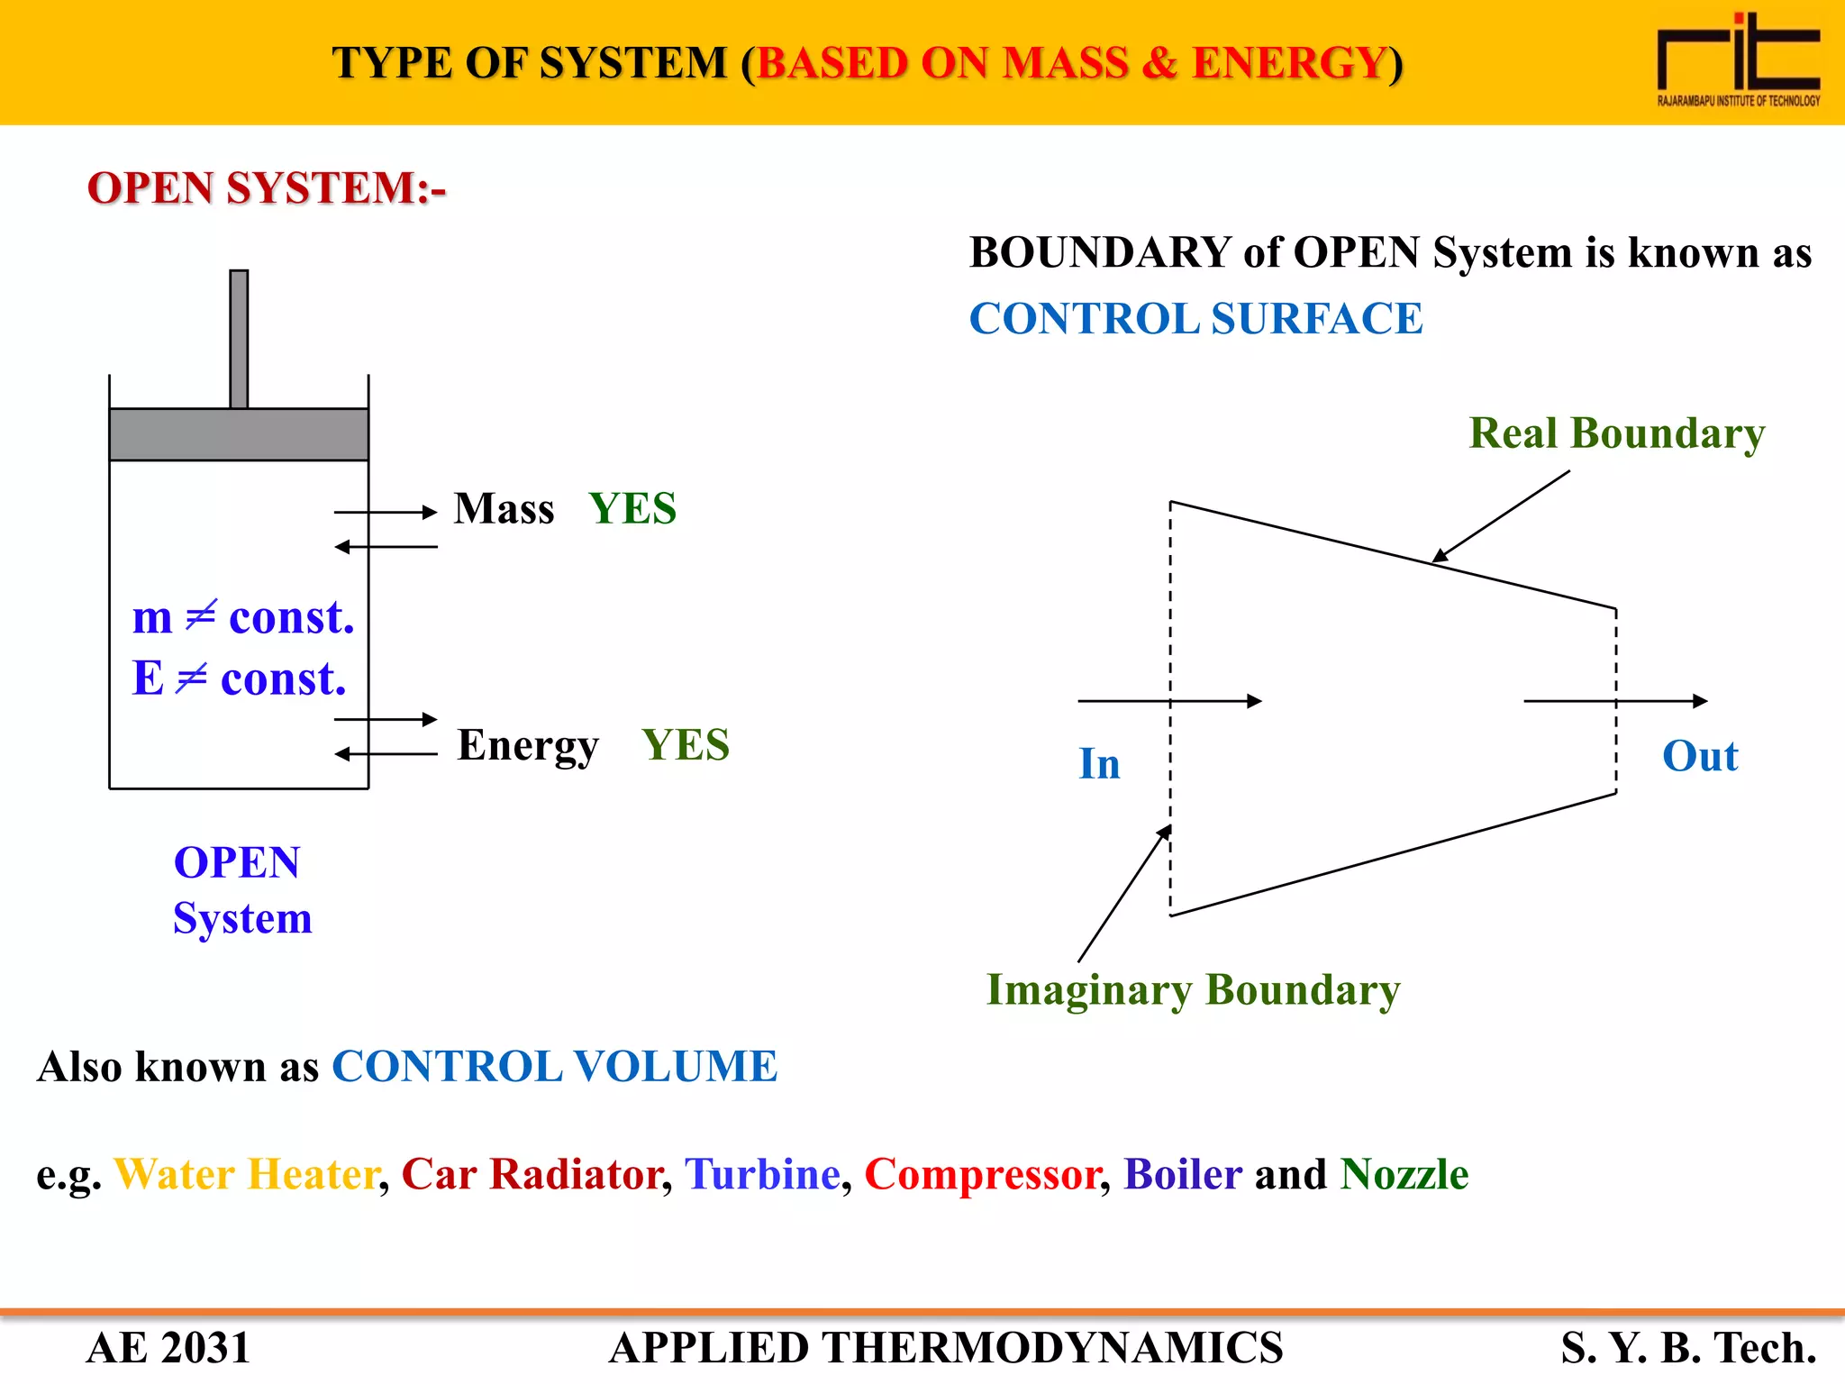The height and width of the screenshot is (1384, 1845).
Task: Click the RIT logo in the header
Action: point(1738,61)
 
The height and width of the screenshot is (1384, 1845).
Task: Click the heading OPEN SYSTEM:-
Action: point(267,188)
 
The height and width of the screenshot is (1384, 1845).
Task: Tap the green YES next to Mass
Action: point(632,509)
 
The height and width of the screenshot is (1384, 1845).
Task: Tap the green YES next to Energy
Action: point(686,746)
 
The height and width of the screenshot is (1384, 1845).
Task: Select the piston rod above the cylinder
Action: point(239,340)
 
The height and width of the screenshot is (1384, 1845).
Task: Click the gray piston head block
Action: point(239,434)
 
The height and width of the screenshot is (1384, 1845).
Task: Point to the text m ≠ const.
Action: point(243,618)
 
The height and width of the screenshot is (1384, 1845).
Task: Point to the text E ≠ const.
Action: point(239,678)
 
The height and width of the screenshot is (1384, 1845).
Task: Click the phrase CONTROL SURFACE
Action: point(1195,319)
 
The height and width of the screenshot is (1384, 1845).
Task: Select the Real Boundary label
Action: point(1616,433)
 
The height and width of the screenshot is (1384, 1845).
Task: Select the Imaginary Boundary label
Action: point(1193,990)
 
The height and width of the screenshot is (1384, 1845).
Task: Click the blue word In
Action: point(1099,764)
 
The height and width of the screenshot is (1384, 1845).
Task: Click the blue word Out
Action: point(1699,756)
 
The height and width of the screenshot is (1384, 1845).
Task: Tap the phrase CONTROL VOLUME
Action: point(554,1067)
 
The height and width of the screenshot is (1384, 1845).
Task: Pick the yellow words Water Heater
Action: point(246,1175)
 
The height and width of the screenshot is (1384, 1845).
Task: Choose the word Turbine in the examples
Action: point(762,1175)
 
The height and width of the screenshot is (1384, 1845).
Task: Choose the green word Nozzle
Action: point(1404,1175)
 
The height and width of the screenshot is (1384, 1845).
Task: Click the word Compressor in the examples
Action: point(982,1175)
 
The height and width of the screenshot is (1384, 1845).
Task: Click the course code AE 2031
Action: point(168,1349)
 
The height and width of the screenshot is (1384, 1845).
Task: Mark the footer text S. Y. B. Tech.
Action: point(1688,1349)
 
